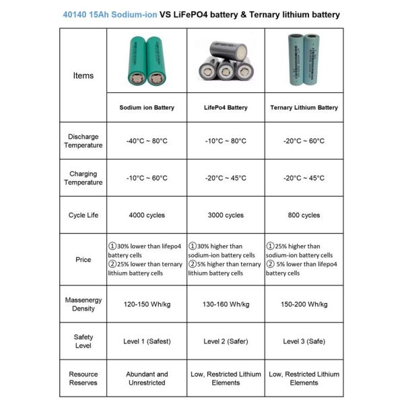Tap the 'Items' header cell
83,75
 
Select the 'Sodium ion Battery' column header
147,108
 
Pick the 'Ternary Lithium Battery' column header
304,108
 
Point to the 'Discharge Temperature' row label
83,141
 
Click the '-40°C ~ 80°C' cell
147,141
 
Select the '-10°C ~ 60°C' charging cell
147,178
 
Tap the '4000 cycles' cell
147,215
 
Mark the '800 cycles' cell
304,215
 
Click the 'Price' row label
83,260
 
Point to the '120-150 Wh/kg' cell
147,304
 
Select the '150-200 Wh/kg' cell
304,304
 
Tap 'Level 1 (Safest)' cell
147,341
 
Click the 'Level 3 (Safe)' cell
304,341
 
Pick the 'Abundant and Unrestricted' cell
147,378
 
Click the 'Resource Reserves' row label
83,378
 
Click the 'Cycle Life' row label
83,215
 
